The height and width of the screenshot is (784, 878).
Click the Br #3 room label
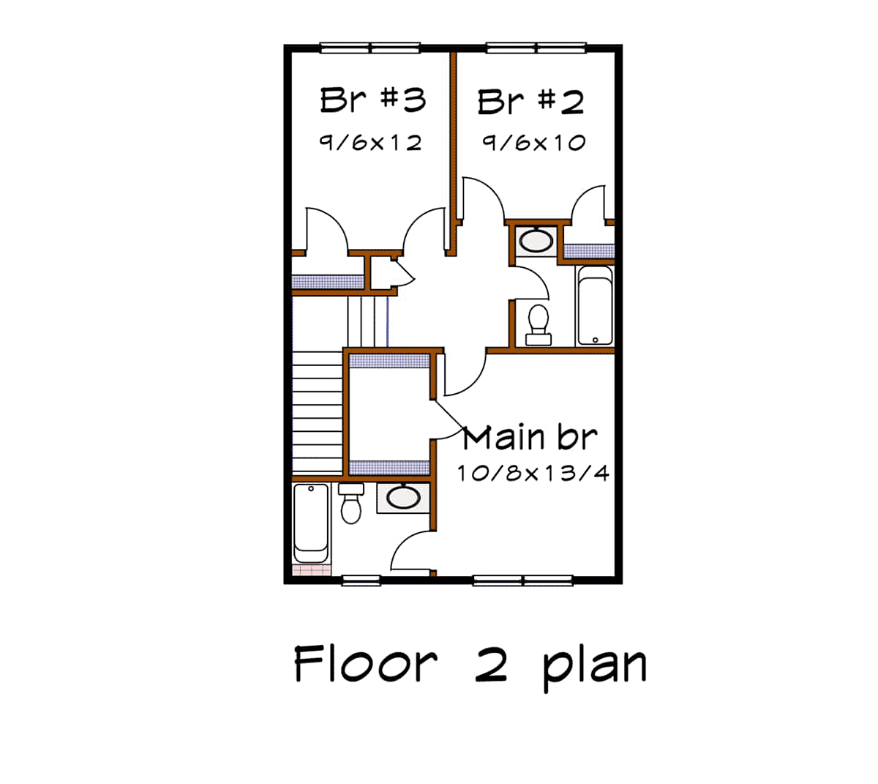372,100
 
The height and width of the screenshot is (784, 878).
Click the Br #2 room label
530,102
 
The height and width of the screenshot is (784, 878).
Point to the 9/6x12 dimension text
370,142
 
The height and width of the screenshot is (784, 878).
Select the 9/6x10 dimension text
534,142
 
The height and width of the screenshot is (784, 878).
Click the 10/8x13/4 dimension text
533,473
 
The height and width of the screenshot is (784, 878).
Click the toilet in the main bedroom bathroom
350,504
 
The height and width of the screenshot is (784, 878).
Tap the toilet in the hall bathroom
539,325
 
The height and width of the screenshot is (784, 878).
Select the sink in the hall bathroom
536,240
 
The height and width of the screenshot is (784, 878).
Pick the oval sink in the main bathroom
403,498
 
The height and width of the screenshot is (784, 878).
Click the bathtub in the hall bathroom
595,305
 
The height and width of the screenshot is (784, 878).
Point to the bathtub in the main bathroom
311,523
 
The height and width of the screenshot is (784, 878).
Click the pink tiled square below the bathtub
311,570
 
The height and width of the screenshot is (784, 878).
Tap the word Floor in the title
365,663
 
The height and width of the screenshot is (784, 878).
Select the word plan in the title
595,668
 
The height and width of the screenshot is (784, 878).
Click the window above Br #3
369,48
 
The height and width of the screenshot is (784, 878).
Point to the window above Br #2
536,48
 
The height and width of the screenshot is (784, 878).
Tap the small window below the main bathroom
361,580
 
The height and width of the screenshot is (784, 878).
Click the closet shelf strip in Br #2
588,250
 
